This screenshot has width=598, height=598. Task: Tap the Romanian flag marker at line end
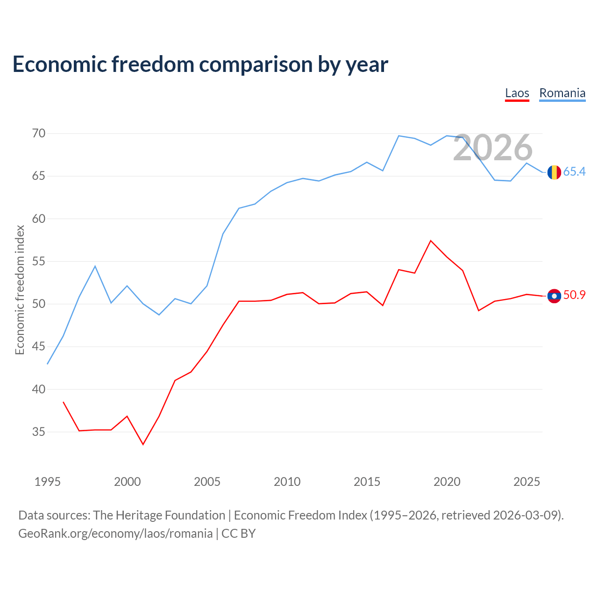point(554,172)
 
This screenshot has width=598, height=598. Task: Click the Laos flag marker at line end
point(554,296)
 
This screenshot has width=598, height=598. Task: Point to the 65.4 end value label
point(575,171)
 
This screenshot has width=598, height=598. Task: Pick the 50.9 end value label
point(575,295)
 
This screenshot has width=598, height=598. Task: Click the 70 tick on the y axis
point(39,134)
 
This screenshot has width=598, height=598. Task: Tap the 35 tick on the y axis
point(39,432)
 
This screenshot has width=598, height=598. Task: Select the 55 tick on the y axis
point(39,261)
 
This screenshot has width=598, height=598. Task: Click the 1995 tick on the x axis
point(48,482)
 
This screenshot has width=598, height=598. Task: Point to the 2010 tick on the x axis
point(287,482)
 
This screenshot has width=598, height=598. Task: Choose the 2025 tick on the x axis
point(527,482)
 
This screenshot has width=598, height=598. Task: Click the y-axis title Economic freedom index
point(20,290)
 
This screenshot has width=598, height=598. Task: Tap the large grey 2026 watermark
point(493,148)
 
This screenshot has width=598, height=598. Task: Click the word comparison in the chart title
point(256,65)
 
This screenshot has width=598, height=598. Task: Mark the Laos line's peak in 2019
point(431,241)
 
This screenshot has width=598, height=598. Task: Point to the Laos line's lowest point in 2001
point(143,444)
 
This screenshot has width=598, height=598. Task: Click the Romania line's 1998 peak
point(95,266)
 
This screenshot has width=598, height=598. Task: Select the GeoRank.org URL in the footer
point(115,534)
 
